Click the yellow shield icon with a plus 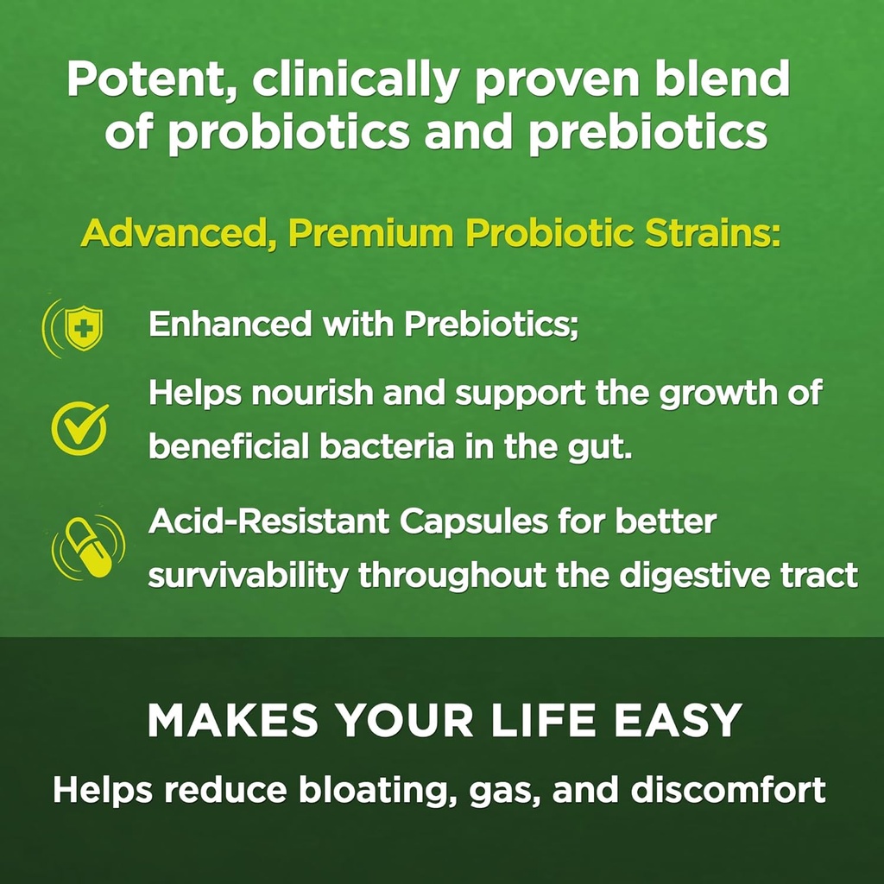click(84, 328)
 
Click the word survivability click(248, 575)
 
